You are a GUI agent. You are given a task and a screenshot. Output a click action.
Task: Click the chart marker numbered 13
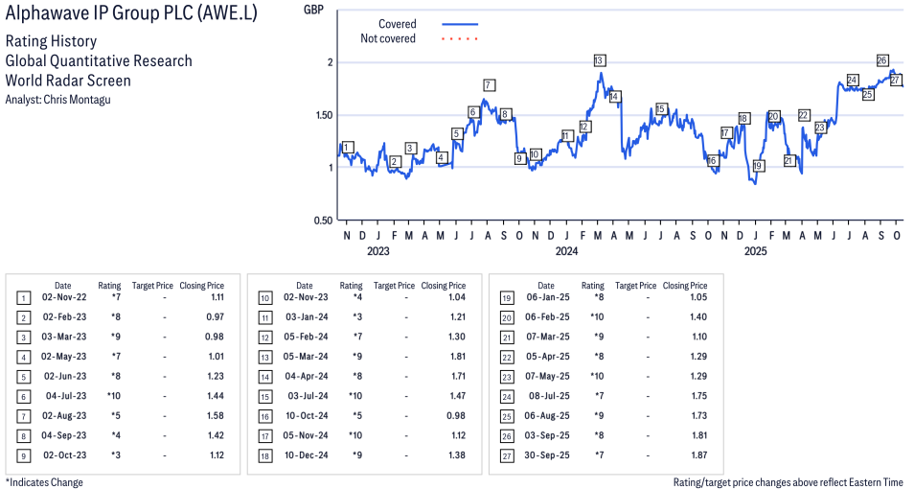pos(599,60)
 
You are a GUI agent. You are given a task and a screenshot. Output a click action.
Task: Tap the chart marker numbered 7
pos(489,84)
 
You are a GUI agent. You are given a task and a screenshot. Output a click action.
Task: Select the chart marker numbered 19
pos(758,166)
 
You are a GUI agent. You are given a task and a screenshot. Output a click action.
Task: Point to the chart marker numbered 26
pos(882,60)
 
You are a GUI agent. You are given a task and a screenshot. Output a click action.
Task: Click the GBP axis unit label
pos(313,10)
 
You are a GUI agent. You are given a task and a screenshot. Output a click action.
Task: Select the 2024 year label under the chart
pos(567,251)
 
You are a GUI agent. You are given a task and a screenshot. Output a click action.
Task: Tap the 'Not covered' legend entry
pos(388,38)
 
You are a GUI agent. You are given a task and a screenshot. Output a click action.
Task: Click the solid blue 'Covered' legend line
pos(460,24)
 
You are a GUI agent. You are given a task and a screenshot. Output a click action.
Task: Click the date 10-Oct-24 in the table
pos(304,416)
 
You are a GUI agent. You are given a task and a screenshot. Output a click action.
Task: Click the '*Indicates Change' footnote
pos(44,482)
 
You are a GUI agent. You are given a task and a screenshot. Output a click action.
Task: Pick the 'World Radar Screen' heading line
pos(68,81)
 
